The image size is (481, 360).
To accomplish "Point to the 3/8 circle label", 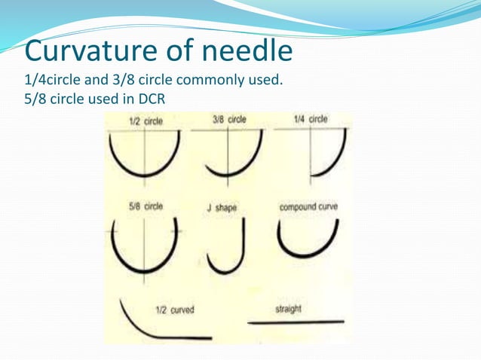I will pos(229,119).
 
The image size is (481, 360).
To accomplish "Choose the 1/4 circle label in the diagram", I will pos(311,119).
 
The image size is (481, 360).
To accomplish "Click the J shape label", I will pos(222,208).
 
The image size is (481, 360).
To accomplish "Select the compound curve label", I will pos(308,206).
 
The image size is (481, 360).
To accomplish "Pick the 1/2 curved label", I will pos(173,310).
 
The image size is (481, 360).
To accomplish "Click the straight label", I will pos(289,309).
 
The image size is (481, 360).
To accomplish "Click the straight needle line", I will pos(296,322).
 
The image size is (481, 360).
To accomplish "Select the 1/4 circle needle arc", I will pos(339,162).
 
